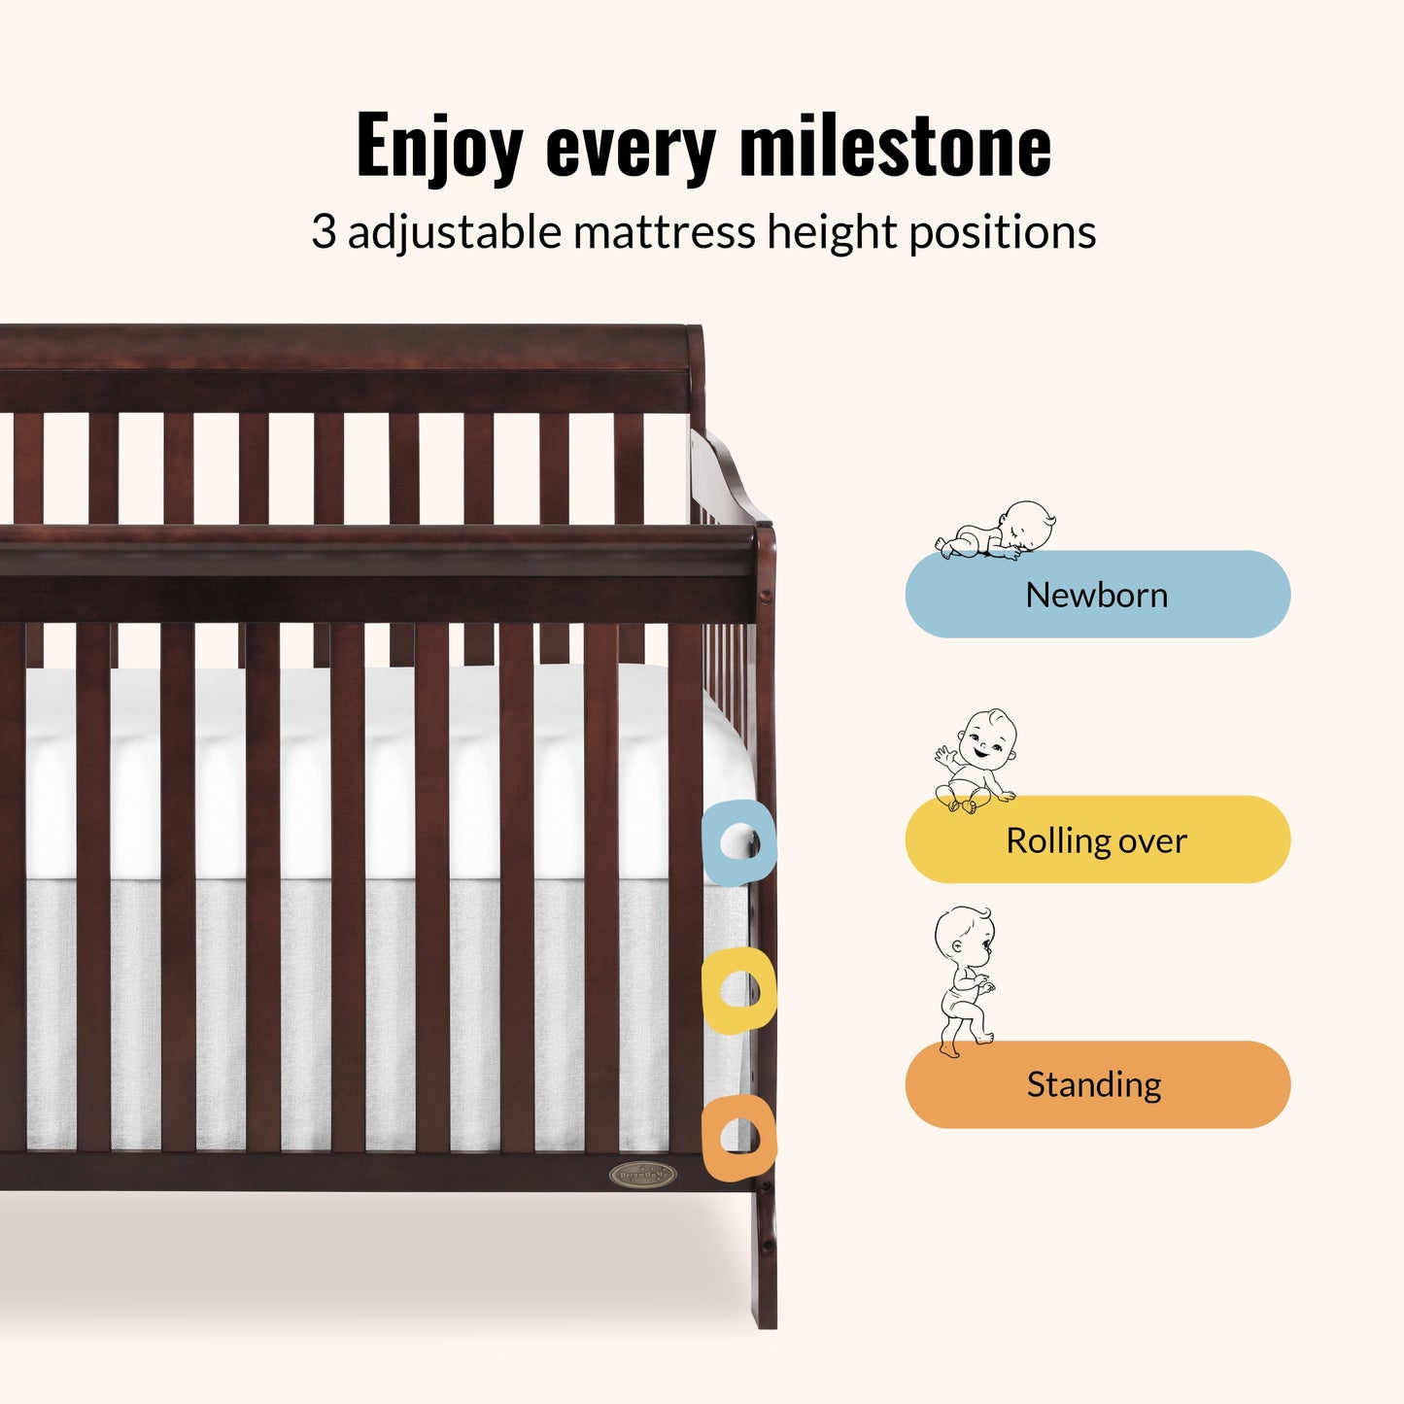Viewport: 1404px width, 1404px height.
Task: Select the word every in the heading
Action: [631, 148]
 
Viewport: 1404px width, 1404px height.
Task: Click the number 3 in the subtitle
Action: [324, 233]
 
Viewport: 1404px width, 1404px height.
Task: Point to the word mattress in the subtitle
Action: [663, 233]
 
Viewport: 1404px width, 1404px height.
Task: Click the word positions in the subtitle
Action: [1002, 233]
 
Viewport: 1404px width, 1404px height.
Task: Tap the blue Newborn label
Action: [1097, 595]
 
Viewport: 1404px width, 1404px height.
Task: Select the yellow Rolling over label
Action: [1097, 840]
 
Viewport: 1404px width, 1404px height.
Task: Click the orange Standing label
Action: [1097, 1084]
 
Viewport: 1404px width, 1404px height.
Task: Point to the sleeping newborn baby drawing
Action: [997, 531]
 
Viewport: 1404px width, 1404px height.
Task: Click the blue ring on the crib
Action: [738, 841]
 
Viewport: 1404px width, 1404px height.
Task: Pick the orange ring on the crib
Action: [738, 1138]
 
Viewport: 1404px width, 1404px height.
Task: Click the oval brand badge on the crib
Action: [640, 1175]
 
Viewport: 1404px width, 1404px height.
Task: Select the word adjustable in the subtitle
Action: [455, 233]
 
